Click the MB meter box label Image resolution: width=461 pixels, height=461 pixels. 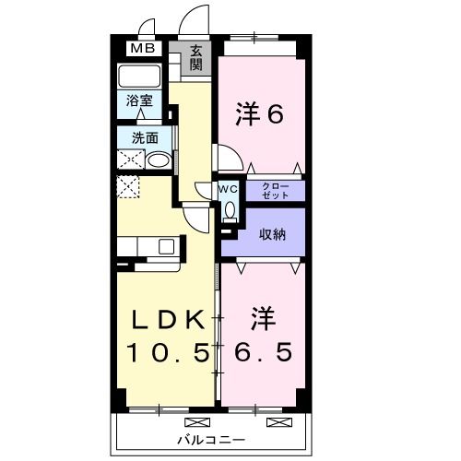[141, 49]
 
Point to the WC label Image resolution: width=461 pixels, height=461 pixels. [228, 189]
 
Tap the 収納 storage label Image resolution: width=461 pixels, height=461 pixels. [271, 233]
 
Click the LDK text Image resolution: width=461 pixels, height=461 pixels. [167, 320]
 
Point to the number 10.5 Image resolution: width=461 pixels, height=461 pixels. [167, 353]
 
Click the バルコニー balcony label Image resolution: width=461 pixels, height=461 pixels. [212, 438]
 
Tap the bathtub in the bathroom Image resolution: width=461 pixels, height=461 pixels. [140, 77]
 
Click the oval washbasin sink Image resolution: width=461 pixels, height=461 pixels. [158, 160]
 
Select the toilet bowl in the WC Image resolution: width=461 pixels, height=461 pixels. [229, 211]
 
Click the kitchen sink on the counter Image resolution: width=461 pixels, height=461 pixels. [166, 245]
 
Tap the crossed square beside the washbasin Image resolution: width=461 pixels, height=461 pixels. [129, 160]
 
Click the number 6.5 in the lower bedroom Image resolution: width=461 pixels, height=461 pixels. [261, 353]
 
